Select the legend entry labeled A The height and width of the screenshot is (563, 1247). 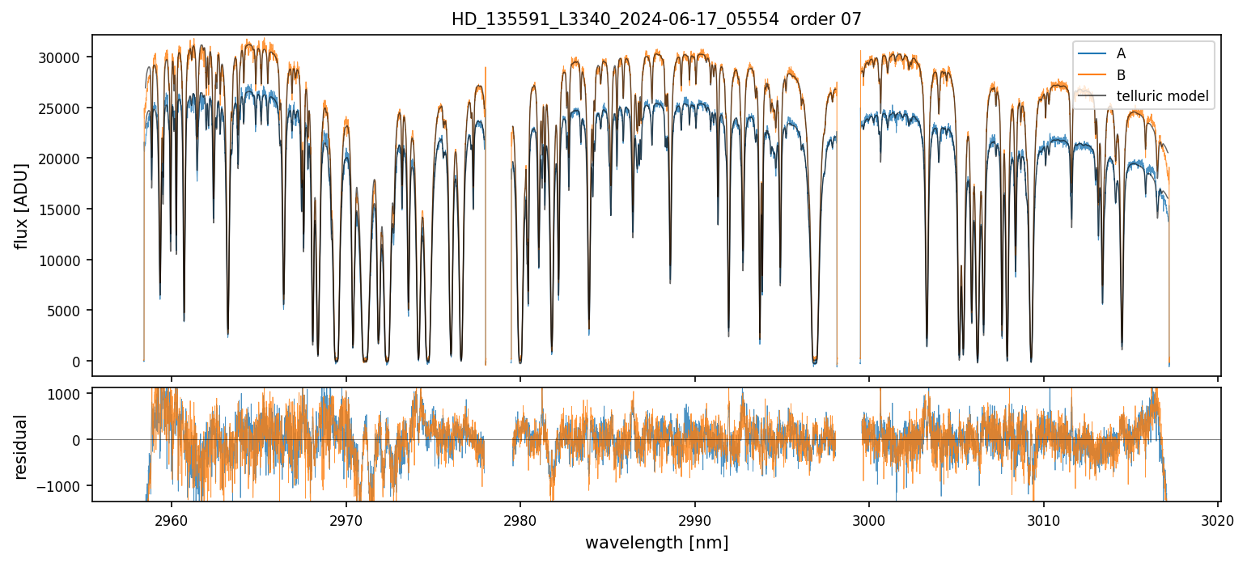tap(1121, 53)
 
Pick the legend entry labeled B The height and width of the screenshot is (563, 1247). tap(1121, 75)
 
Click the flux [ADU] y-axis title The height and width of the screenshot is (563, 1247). tap(22, 205)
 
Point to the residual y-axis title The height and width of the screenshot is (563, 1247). tap(22, 447)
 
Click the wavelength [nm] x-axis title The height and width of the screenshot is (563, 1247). tap(656, 542)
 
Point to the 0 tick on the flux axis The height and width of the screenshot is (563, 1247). tap(78, 362)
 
